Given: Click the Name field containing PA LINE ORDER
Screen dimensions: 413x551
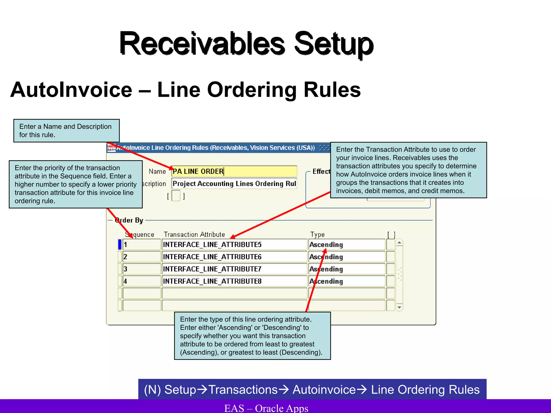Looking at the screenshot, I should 234,171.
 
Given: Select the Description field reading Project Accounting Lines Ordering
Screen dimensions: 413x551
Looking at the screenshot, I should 234,184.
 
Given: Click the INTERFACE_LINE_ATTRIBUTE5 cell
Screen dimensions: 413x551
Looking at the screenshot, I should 234,244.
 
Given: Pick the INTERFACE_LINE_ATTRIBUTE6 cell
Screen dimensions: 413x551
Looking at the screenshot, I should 234,257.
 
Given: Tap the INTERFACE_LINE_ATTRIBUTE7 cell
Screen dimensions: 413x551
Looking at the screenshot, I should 234,269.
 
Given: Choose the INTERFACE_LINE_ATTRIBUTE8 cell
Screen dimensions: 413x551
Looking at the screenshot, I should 234,281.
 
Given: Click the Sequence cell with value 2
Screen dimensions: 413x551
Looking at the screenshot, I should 142,257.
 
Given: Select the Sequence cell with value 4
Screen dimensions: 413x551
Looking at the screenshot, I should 142,281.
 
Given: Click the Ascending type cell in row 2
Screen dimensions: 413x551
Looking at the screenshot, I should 347,257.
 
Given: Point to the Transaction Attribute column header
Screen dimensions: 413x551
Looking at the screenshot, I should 194,234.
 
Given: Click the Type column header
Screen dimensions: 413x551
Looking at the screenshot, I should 317,234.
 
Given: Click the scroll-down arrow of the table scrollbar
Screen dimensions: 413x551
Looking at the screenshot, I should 400,307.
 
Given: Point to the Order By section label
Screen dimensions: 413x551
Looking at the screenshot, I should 129,220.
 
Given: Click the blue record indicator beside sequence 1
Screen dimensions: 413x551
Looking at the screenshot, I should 120,244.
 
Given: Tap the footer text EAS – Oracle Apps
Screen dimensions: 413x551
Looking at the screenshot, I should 266,408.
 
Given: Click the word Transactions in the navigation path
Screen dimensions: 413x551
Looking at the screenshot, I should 243,390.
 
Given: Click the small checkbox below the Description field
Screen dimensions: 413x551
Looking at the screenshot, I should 176,195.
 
